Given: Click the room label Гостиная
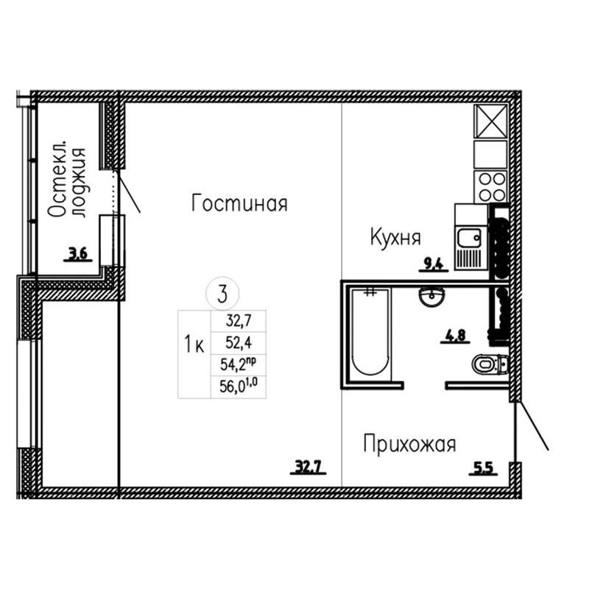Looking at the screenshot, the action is [x=239, y=203].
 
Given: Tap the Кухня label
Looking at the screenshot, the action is [x=395, y=237].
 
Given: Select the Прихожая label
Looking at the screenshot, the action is [x=410, y=444].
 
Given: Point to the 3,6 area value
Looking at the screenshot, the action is [x=78, y=254].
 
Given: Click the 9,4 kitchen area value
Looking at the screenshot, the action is [x=434, y=264].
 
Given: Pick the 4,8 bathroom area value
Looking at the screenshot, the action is [x=455, y=336].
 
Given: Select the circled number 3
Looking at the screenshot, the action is [x=222, y=294].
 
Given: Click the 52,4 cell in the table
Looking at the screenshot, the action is [x=239, y=342].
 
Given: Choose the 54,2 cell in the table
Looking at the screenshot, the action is [x=239, y=364].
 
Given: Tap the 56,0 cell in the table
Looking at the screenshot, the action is [x=239, y=387].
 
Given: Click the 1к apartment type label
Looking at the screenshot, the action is [x=194, y=344].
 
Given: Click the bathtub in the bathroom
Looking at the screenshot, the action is [x=370, y=332].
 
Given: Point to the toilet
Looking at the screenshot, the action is [x=490, y=364].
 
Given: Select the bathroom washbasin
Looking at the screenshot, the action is [x=431, y=297].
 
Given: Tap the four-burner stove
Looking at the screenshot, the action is [x=490, y=187].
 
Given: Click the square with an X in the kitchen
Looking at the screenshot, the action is [x=490, y=121].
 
